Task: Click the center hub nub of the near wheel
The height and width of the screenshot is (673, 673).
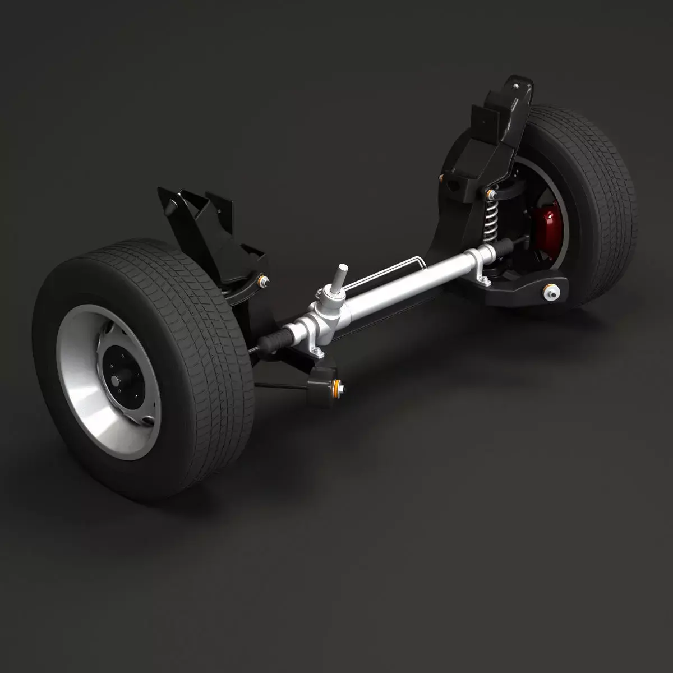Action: tap(116, 380)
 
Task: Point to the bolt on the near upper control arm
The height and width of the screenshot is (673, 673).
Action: tap(261, 280)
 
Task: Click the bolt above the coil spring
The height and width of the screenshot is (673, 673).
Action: tap(491, 194)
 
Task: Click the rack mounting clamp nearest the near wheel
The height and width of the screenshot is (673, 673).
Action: tap(317, 351)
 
